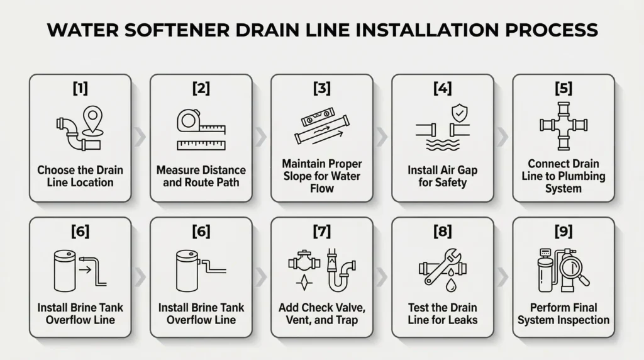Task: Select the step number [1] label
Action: (80, 89)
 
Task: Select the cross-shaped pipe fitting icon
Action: (563, 126)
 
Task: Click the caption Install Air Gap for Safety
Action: (443, 176)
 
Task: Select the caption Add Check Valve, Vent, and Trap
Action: (321, 313)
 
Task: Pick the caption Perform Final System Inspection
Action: (563, 313)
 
